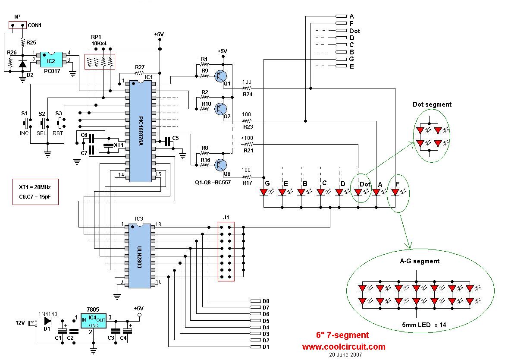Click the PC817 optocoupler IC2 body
(51, 59)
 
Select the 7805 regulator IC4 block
(94, 321)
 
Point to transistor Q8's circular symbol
(221, 165)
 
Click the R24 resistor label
(248, 95)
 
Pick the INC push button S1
(26, 123)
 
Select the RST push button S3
(60, 123)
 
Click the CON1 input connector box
(17, 25)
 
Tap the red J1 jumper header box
(226, 251)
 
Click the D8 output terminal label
(266, 301)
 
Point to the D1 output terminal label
(266, 347)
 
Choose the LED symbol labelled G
(264, 193)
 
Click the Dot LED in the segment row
(358, 193)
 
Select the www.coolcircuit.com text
(344, 347)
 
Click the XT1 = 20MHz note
(35, 187)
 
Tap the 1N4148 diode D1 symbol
(48, 321)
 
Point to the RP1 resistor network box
(100, 62)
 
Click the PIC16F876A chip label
(140, 131)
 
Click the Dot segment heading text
(432, 104)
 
